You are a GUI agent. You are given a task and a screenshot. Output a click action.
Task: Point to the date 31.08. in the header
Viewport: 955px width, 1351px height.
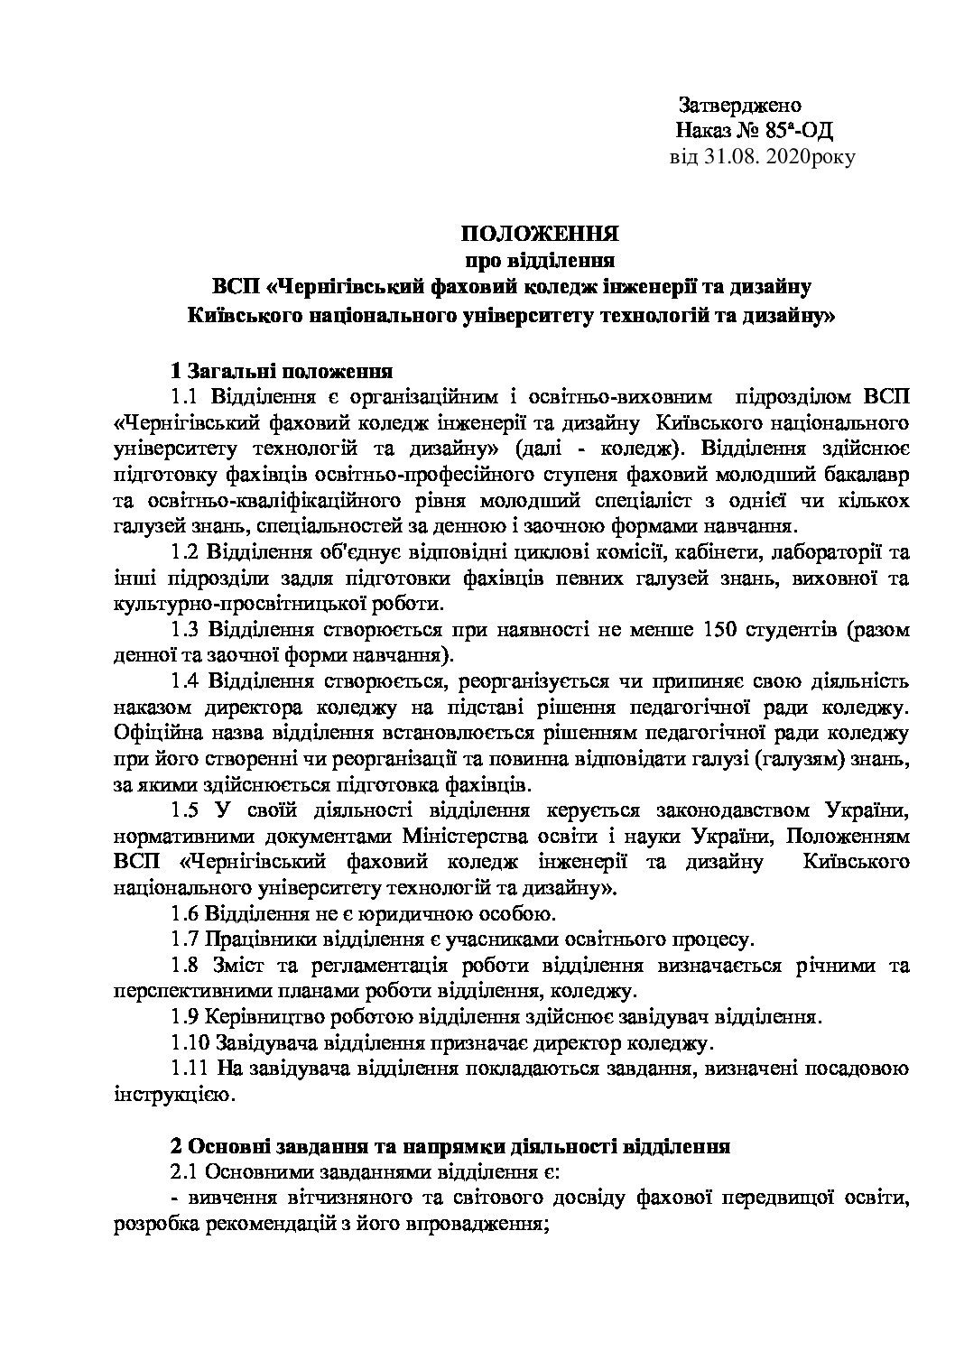coord(730,157)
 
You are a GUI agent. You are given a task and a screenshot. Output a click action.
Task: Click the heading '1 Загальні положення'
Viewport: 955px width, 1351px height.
coord(281,370)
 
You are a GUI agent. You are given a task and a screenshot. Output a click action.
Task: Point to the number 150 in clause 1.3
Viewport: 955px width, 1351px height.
coord(717,629)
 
